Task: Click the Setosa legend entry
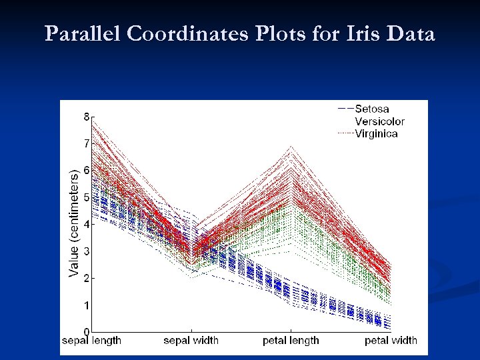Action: [x=372, y=109]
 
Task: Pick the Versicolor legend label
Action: [x=379, y=121]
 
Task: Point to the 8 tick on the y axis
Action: [x=86, y=116]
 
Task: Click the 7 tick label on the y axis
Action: [x=86, y=143]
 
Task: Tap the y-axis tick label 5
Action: [x=86, y=197]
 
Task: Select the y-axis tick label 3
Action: [x=86, y=251]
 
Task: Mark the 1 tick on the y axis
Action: [x=86, y=305]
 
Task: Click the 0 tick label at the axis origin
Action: [x=86, y=331]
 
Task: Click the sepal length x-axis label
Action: [x=92, y=341]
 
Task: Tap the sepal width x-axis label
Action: [x=191, y=341]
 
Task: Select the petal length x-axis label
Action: [x=291, y=341]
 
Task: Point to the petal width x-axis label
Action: [x=391, y=341]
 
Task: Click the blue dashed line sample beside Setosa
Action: [x=345, y=109]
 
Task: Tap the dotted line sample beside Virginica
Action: [x=345, y=133]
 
